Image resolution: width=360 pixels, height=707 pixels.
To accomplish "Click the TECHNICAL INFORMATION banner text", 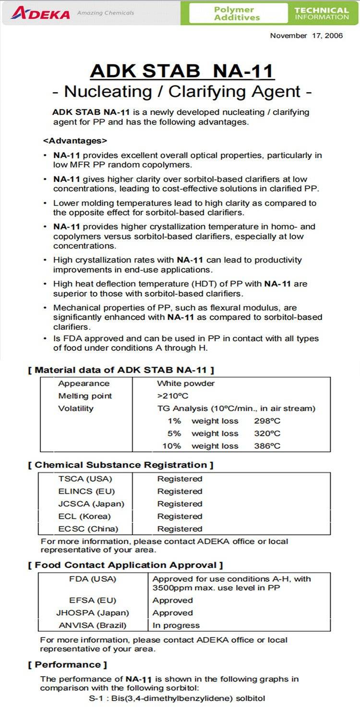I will pyautogui.click(x=321, y=13).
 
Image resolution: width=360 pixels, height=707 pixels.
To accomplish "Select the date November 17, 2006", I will pyautogui.click(x=306, y=36).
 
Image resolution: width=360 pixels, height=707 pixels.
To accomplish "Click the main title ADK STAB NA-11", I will pyautogui.click(x=182, y=71).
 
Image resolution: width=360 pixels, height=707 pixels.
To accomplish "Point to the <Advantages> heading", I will pyautogui.click(x=75, y=141).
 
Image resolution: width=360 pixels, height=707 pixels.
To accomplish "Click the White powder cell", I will pyautogui.click(x=186, y=383).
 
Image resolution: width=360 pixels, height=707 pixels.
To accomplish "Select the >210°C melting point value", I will pyautogui.click(x=172, y=396).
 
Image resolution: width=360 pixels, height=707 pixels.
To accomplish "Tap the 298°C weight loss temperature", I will pyautogui.click(x=267, y=421).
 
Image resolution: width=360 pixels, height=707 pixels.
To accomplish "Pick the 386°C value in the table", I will pyautogui.click(x=267, y=446).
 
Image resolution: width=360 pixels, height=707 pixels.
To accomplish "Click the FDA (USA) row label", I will pyautogui.click(x=93, y=579).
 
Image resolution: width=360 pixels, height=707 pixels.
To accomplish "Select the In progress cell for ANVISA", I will pyautogui.click(x=176, y=625).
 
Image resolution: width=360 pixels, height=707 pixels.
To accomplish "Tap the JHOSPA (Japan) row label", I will pyautogui.click(x=93, y=613).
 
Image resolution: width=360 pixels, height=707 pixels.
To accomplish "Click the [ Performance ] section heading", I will pyautogui.click(x=68, y=665).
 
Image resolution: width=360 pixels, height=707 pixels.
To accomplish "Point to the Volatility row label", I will pyautogui.click(x=76, y=408).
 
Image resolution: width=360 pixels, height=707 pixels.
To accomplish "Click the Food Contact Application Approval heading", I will pyautogui.click(x=126, y=565).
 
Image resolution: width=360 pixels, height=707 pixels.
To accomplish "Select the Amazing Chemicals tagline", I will pyautogui.click(x=106, y=13).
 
